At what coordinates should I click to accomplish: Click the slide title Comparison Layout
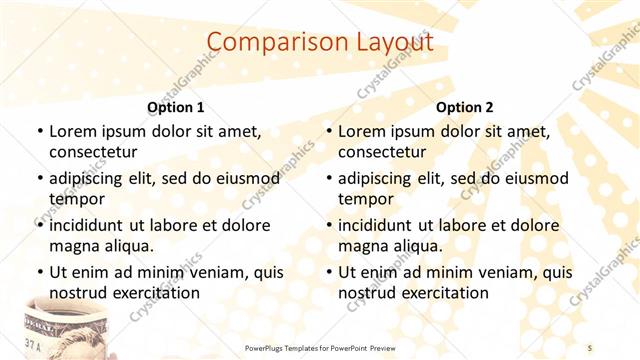[319, 42]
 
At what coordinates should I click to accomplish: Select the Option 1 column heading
[175, 107]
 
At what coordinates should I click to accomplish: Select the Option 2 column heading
[464, 107]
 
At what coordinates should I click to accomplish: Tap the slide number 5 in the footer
[590, 347]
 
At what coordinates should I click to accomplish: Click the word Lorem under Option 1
[71, 131]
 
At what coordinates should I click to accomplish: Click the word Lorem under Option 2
[360, 131]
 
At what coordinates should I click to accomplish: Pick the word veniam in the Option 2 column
[508, 272]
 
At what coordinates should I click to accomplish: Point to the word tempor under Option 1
[75, 199]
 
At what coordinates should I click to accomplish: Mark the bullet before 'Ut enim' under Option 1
[39, 273]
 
